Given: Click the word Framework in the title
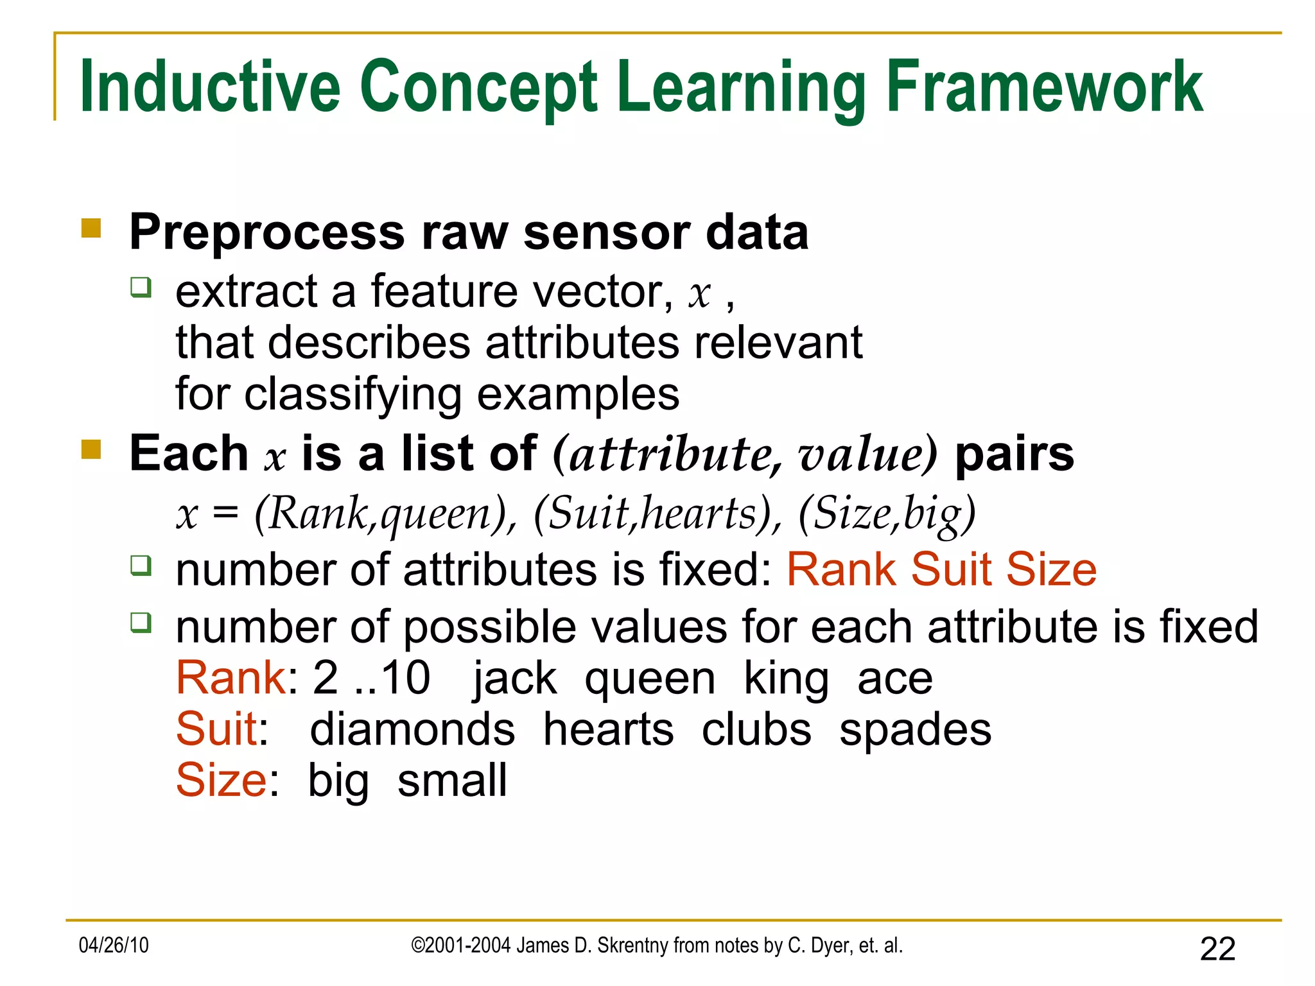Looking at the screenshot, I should pyautogui.click(x=1044, y=87).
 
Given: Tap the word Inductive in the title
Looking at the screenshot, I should pyautogui.click(x=209, y=87).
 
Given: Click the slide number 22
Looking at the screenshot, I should pyautogui.click(x=1217, y=949).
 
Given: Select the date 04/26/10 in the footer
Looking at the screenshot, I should pyautogui.click(x=114, y=946).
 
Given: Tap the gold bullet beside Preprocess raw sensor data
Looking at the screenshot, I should pyautogui.click(x=91, y=229).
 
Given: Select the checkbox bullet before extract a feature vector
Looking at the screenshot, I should pyautogui.click(x=141, y=286).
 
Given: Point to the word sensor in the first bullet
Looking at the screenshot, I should pyautogui.click(x=606, y=232).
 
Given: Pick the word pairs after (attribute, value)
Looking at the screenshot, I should pyautogui.click(x=1015, y=454).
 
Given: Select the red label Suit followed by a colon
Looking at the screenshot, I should pyautogui.click(x=217, y=729).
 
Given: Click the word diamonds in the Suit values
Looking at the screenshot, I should pyautogui.click(x=412, y=730).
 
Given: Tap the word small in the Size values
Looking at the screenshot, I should pyautogui.click(x=452, y=781).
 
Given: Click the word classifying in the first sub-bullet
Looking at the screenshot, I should pyautogui.click(x=353, y=395).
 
